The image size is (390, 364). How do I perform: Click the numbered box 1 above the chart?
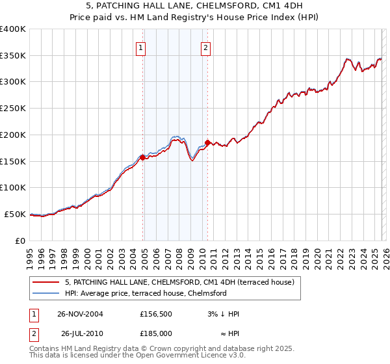(x=141, y=47)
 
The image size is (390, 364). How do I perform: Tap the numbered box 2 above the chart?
(x=205, y=47)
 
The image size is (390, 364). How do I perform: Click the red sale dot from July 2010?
(x=207, y=142)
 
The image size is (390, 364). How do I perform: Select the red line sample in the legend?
(x=46, y=282)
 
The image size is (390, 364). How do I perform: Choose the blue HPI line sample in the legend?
(x=46, y=293)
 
